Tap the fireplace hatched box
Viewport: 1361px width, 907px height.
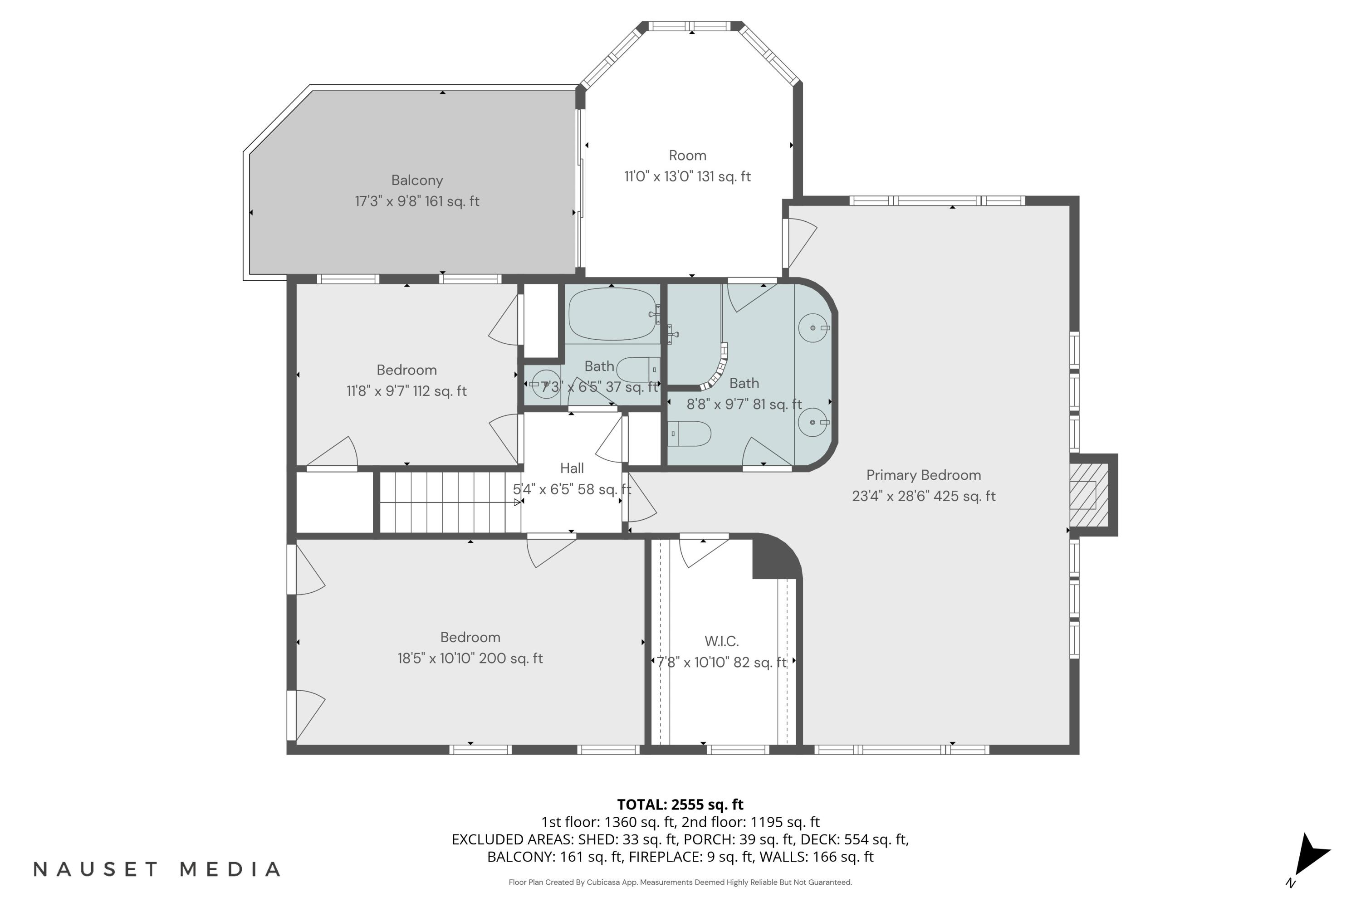tap(1088, 495)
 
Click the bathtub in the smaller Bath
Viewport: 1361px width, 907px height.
tap(612, 314)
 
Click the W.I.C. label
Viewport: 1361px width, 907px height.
tap(721, 641)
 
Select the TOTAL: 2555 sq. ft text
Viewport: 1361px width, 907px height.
tap(680, 805)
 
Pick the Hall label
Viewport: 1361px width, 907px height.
tap(572, 468)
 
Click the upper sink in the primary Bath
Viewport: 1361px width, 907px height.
tap(813, 328)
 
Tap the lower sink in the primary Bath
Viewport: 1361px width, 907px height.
tap(813, 422)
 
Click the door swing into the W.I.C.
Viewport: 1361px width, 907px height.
tap(701, 553)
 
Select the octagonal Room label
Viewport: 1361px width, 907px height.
tap(687, 156)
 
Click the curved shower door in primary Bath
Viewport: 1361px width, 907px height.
tap(718, 370)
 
